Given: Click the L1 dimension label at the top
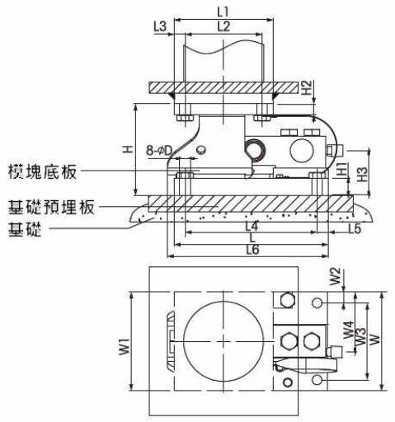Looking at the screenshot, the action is pyautogui.click(x=223, y=12).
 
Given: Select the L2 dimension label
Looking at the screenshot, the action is pyautogui.click(x=223, y=26).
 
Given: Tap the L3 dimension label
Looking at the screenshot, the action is pyautogui.click(x=160, y=27).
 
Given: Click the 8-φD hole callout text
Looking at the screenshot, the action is pyautogui.click(x=159, y=151).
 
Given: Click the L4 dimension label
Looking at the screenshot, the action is pyautogui.click(x=252, y=227).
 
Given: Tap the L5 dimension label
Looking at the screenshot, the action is pyautogui.click(x=355, y=228).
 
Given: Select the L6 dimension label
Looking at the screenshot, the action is pyautogui.click(x=252, y=250).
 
